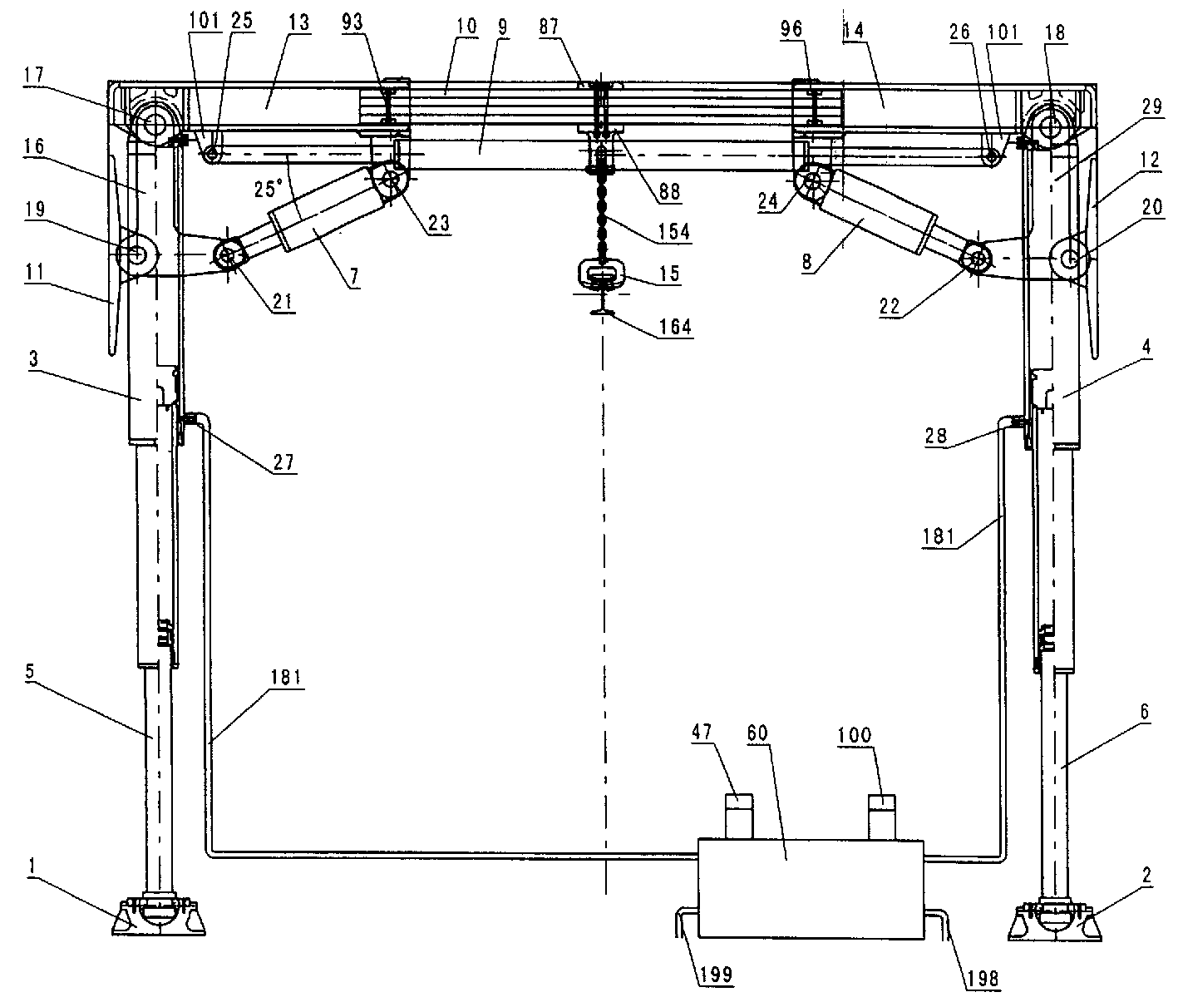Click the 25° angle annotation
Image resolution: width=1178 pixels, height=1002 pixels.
[268, 188]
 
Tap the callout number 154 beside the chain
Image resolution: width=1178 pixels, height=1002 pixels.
[673, 231]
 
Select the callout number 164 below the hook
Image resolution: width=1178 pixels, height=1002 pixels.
[675, 327]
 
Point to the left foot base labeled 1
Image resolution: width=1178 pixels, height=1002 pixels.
[159, 918]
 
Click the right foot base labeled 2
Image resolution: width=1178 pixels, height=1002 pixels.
[1054, 921]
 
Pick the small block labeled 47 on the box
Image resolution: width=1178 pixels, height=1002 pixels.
[738, 817]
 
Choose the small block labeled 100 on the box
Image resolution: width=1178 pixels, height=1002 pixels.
[881, 817]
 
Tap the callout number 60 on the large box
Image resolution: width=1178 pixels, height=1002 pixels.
[757, 733]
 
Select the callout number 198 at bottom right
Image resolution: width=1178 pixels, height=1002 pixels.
[983, 978]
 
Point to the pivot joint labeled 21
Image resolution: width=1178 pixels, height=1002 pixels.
[228, 256]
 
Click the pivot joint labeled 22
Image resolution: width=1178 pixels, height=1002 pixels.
[978, 259]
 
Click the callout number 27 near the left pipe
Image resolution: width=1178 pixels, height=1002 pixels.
[283, 462]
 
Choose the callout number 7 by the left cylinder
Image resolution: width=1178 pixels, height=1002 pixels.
[354, 276]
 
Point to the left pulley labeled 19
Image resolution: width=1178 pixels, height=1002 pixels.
[138, 254]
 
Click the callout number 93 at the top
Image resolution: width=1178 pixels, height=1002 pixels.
[352, 22]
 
